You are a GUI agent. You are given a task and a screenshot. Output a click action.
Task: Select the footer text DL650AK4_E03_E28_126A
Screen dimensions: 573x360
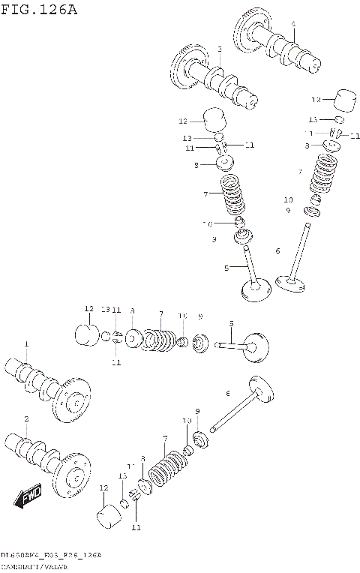coord(51,554)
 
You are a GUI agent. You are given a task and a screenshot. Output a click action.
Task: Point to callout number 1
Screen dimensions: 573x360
coord(25,343)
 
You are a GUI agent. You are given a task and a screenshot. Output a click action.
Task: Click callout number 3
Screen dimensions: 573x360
coord(219,49)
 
